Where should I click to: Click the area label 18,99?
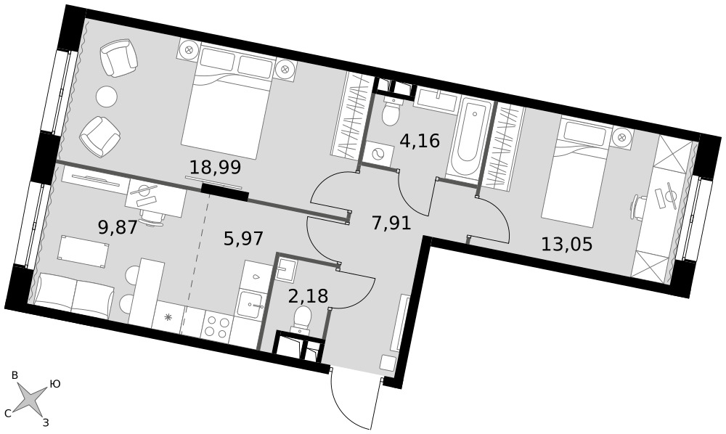(x=216, y=167)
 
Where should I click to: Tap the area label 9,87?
(x=118, y=227)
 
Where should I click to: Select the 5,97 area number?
(x=243, y=239)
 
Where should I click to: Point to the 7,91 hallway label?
(x=391, y=224)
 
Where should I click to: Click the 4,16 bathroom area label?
(x=420, y=140)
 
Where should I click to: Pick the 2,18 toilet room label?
(x=308, y=295)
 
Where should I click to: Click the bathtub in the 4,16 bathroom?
(x=468, y=139)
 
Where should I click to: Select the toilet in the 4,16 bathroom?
(x=391, y=112)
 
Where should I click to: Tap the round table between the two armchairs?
(x=107, y=96)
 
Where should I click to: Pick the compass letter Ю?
(x=54, y=384)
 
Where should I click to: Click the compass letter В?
(x=15, y=375)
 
